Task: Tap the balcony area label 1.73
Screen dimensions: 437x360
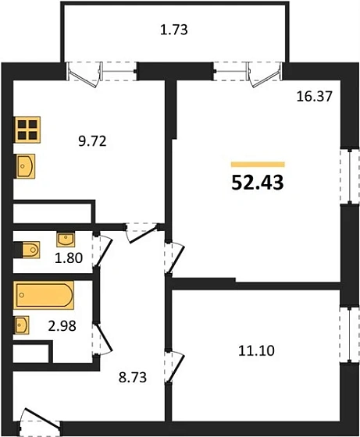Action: coord(174,31)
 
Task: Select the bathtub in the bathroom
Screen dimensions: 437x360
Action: coord(44,297)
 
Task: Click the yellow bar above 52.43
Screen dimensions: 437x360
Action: coord(258,165)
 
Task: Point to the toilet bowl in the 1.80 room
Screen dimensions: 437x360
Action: coord(29,250)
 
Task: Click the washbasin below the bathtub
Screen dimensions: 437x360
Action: coord(23,324)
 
